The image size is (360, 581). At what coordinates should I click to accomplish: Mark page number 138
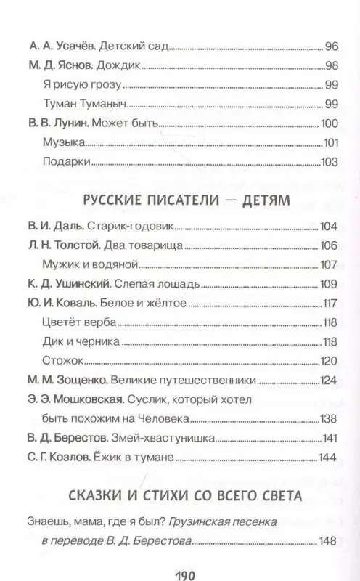point(330,418)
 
